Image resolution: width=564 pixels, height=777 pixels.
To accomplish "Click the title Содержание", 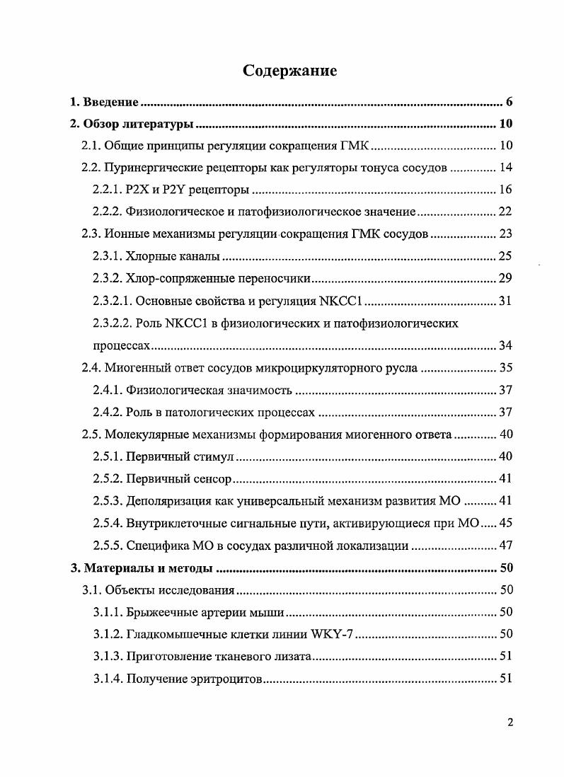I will [x=289, y=71].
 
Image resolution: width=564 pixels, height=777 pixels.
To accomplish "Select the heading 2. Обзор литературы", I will [x=132, y=125].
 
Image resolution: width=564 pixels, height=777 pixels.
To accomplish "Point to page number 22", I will [x=505, y=212].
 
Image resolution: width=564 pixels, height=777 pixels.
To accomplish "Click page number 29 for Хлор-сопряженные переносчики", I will [x=505, y=278].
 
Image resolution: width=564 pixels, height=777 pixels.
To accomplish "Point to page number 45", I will [x=505, y=523].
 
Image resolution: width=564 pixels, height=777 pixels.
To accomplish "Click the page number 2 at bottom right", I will [x=509, y=723].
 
